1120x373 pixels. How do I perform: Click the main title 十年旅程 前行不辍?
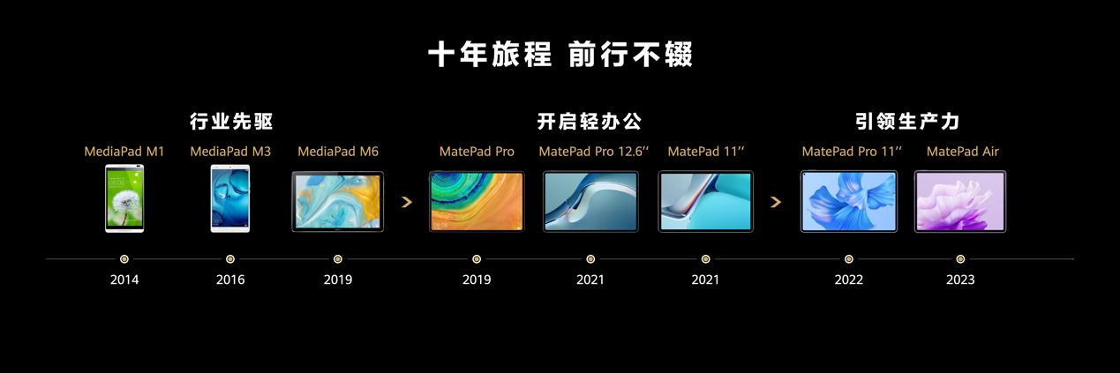[560, 54]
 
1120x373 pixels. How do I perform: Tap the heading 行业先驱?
[231, 122]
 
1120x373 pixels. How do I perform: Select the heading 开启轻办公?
[590, 122]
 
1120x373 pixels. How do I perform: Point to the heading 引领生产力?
[907, 122]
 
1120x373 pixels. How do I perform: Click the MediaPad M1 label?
[124, 152]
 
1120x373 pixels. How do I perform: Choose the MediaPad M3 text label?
[230, 152]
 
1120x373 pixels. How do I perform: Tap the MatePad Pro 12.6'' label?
[593, 152]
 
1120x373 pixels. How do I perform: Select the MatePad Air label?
[963, 152]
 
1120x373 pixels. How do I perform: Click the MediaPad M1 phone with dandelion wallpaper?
[124, 198]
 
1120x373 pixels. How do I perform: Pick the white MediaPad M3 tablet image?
[230, 198]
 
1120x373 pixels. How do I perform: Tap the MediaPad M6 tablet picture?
[337, 201]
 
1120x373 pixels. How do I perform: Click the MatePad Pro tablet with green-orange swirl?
[477, 201]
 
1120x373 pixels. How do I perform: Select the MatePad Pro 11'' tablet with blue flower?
[848, 201]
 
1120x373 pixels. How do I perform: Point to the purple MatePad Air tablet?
[960, 201]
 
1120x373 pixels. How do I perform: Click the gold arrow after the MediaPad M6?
[407, 202]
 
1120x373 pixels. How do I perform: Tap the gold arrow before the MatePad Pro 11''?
[776, 202]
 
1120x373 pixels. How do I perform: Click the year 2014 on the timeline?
[124, 280]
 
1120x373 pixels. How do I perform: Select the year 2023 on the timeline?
[960, 280]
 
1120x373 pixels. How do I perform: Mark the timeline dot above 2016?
[230, 259]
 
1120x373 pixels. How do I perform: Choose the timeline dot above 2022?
[848, 259]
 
